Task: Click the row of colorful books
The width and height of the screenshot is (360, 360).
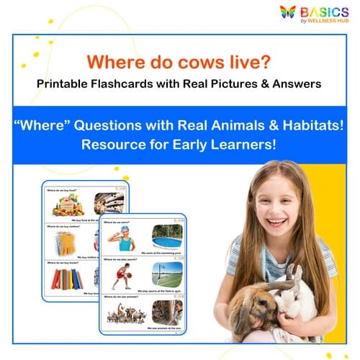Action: (66, 278)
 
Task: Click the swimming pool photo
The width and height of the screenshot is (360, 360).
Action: (167, 237)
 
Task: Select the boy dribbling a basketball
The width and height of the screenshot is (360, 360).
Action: (122, 276)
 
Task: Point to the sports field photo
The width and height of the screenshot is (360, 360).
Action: (167, 275)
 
